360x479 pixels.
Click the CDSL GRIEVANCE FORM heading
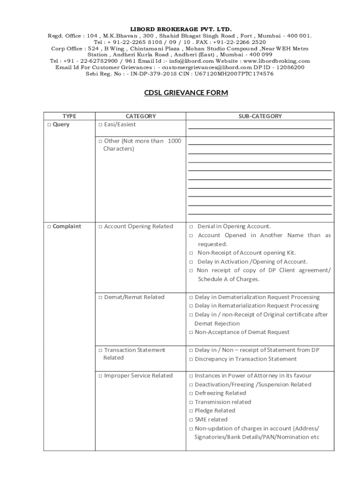coord(186,93)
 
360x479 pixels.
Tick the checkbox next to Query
coord(49,125)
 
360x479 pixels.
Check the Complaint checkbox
coord(49,227)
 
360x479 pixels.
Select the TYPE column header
coord(69,116)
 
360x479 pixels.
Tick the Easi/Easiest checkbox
coord(100,125)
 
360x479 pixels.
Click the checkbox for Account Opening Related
coord(100,227)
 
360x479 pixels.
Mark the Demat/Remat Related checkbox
coord(100,298)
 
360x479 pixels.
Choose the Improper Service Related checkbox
coord(100,376)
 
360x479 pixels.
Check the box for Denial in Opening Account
coord(191,227)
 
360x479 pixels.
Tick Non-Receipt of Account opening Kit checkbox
coord(191,253)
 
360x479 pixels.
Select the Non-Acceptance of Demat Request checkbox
coord(191,333)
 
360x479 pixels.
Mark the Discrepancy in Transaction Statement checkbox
coord(191,359)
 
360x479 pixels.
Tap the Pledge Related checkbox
coord(191,411)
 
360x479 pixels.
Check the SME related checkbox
coord(191,420)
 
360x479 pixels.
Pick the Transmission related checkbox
coord(191,402)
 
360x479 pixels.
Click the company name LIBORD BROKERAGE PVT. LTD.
coord(180,29)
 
